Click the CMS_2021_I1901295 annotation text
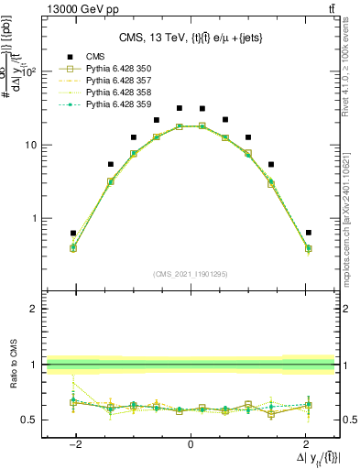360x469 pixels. tap(190, 273)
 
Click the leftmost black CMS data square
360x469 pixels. tap(73, 233)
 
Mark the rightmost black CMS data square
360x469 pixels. tap(309, 233)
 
